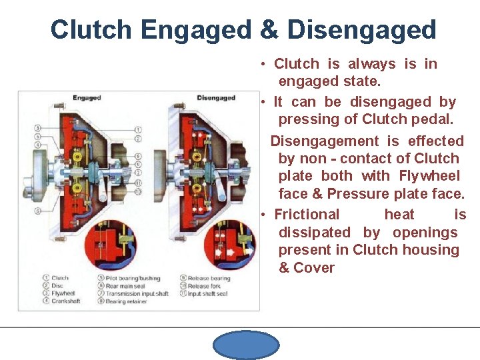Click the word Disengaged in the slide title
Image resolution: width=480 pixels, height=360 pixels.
click(x=361, y=30)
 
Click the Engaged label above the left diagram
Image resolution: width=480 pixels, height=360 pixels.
click(x=87, y=98)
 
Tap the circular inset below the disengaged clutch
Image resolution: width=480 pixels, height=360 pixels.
click(x=228, y=243)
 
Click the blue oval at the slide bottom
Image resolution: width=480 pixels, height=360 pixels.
click(x=246, y=345)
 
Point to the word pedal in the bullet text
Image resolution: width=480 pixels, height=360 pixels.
click(x=433, y=120)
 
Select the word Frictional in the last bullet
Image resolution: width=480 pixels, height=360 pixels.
click(x=307, y=215)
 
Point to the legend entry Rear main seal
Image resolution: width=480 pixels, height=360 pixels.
click(x=127, y=286)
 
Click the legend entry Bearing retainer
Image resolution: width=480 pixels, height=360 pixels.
click(x=128, y=301)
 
